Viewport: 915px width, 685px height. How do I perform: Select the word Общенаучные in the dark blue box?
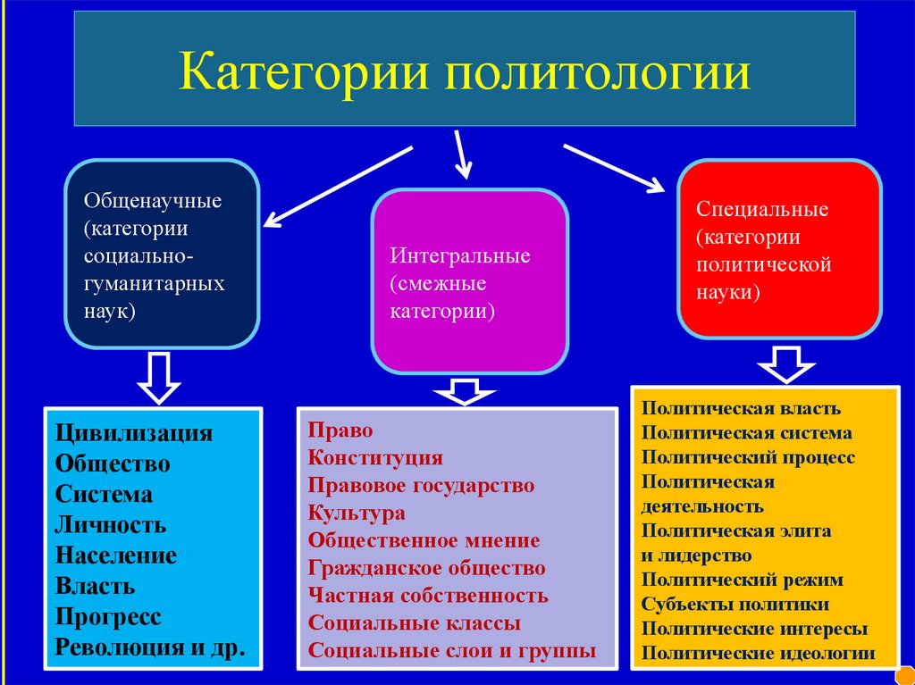(153, 199)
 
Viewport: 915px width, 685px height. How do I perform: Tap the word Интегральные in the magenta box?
(459, 256)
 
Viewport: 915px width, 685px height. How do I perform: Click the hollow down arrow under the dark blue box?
(158, 376)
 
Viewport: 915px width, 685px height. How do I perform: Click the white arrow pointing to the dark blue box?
(337, 186)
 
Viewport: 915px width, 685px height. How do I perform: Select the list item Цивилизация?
(134, 434)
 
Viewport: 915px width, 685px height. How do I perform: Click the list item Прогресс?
(108, 617)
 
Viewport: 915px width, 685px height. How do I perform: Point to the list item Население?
(116, 556)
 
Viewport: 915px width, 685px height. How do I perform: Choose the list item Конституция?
(375, 458)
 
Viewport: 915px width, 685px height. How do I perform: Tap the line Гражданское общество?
(426, 568)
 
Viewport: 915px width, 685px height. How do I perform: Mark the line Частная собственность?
(428, 596)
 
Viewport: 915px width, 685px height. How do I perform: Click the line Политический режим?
(742, 580)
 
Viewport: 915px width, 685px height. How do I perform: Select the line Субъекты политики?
(735, 604)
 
